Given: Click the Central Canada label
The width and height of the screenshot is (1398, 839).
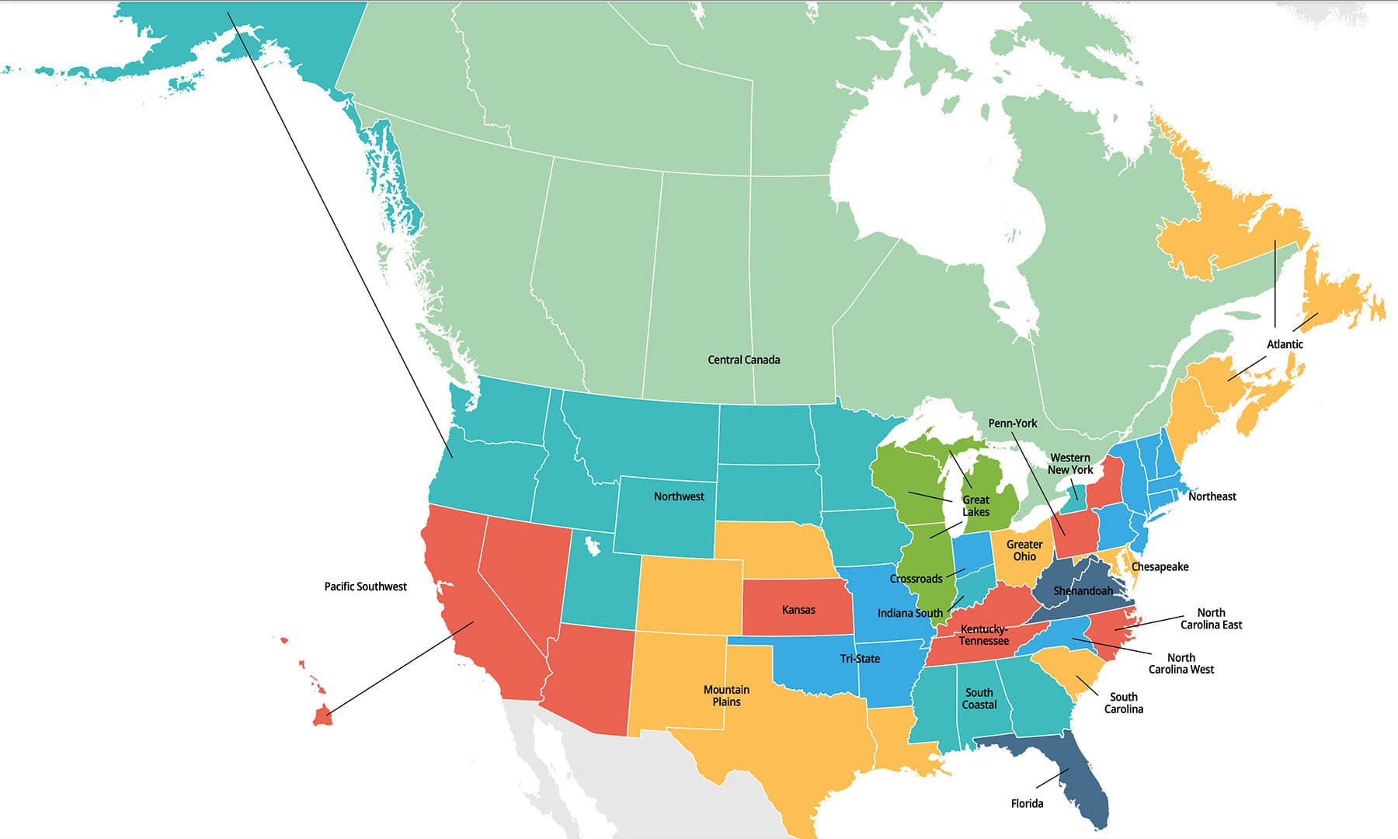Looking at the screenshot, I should (x=743, y=360).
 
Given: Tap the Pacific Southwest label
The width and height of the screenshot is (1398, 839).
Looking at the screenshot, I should (x=365, y=587).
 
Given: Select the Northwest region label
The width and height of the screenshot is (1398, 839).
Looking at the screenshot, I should (x=679, y=496).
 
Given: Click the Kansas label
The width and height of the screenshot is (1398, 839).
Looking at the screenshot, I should (x=798, y=610).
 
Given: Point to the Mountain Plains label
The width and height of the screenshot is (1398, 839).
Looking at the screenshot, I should (x=726, y=695).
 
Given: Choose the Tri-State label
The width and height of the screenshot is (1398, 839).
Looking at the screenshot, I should (x=860, y=659).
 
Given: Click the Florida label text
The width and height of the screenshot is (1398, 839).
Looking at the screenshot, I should (x=1027, y=803).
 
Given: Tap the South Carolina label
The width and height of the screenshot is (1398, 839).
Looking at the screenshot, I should (x=1123, y=703).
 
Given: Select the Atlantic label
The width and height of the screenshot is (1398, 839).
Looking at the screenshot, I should (x=1285, y=344).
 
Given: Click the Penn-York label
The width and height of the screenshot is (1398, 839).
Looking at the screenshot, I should (x=1012, y=423).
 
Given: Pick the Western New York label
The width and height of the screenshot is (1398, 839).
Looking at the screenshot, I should (x=1069, y=464).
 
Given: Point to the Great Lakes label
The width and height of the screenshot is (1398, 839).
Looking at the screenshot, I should (x=975, y=506).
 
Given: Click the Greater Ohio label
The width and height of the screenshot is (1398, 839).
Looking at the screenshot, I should (x=1024, y=551).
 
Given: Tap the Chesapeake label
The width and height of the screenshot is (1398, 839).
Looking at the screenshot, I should (x=1160, y=567).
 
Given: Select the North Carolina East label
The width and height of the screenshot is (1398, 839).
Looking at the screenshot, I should (x=1211, y=619).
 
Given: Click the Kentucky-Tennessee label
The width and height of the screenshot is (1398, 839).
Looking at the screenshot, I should (x=983, y=635).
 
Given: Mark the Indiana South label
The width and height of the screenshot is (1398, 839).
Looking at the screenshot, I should (x=909, y=613).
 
